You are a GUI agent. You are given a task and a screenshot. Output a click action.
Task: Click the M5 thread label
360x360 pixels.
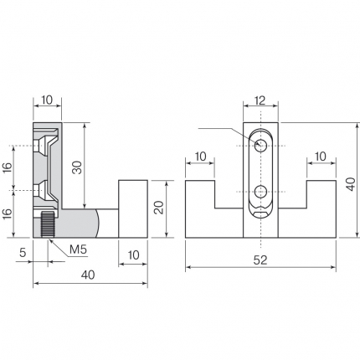coord(79,249)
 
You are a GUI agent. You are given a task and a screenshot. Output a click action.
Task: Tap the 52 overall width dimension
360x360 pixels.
coord(260,260)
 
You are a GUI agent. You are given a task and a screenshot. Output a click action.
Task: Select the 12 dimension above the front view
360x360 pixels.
coord(260,100)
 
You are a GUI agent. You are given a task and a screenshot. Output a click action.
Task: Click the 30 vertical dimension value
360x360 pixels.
coord(77,167)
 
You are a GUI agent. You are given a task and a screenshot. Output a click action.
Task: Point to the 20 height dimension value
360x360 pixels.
coord(159,208)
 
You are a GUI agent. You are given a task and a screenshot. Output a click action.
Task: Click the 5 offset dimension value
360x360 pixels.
coord(23,253)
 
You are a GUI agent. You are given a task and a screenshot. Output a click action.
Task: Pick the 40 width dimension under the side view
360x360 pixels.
coord(88,275)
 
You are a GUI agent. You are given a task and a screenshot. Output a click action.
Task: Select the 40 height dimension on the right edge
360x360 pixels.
coord(351,184)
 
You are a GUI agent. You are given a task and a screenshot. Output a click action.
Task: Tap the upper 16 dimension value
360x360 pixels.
coord(8,168)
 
